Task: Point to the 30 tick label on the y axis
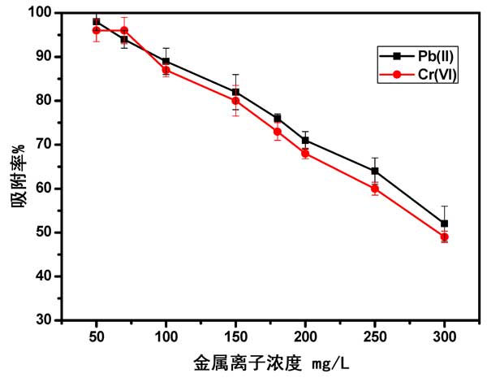42,320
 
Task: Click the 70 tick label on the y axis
42,145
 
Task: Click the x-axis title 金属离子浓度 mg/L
270,361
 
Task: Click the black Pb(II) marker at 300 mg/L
444,224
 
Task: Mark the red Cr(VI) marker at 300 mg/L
444,237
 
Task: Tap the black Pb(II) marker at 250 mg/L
375,171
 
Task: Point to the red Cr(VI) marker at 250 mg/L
375,189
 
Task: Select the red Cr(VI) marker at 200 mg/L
305,153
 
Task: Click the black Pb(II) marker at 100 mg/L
166,61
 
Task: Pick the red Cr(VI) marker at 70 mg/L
124,31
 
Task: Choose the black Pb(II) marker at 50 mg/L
97,22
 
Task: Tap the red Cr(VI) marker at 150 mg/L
235,101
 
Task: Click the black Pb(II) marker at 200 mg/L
305,140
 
